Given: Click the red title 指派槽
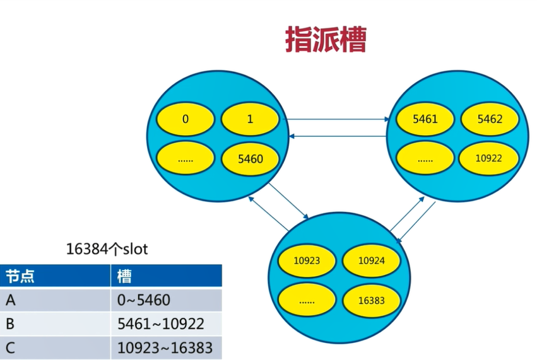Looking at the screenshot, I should [x=326, y=40].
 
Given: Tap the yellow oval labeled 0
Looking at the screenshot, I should [x=186, y=118].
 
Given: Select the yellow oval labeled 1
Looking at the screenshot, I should [x=250, y=118].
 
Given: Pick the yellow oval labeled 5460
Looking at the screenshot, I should [x=250, y=159].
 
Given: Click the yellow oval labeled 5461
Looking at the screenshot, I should [x=425, y=118].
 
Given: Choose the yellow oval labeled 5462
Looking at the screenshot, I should [x=490, y=118].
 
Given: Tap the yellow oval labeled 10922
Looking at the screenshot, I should [x=490, y=158].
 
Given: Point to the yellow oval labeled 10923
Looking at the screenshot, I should [x=307, y=260].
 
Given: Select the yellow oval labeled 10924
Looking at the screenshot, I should [x=372, y=260].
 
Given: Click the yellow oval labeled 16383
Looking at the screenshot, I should [x=372, y=301].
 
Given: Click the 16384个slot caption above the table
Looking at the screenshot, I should [x=106, y=249].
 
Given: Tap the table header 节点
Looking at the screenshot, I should [x=20, y=276].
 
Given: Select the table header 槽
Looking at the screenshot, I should [x=125, y=276].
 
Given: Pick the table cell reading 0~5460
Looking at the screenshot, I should [x=144, y=300].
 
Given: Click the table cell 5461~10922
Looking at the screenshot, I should [x=161, y=324].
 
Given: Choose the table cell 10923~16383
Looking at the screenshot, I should [x=165, y=347].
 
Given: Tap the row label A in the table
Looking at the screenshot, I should [x=11, y=300].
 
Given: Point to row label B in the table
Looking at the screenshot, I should [x=11, y=324].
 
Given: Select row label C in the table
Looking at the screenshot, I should [x=11, y=347].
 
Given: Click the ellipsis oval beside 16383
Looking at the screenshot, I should [x=307, y=301].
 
